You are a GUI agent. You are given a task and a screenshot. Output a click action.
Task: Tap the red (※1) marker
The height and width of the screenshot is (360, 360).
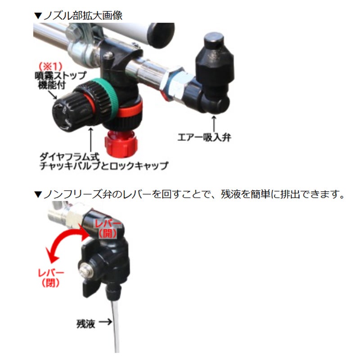50,66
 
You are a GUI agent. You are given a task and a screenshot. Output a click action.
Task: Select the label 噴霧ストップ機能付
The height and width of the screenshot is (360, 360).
60,80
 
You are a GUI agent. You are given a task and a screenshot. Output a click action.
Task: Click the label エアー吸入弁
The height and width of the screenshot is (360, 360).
204,138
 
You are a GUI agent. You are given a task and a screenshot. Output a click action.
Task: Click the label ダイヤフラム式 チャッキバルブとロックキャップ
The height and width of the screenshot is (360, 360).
104,162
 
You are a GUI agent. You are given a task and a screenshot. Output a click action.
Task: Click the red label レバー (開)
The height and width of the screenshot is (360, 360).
108,228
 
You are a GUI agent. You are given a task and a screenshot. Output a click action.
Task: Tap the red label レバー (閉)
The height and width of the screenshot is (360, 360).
51,278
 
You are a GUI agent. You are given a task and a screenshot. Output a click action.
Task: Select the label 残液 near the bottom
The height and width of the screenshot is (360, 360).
85,324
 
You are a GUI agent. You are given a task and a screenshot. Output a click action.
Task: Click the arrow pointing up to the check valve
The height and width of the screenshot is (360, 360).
91,140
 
